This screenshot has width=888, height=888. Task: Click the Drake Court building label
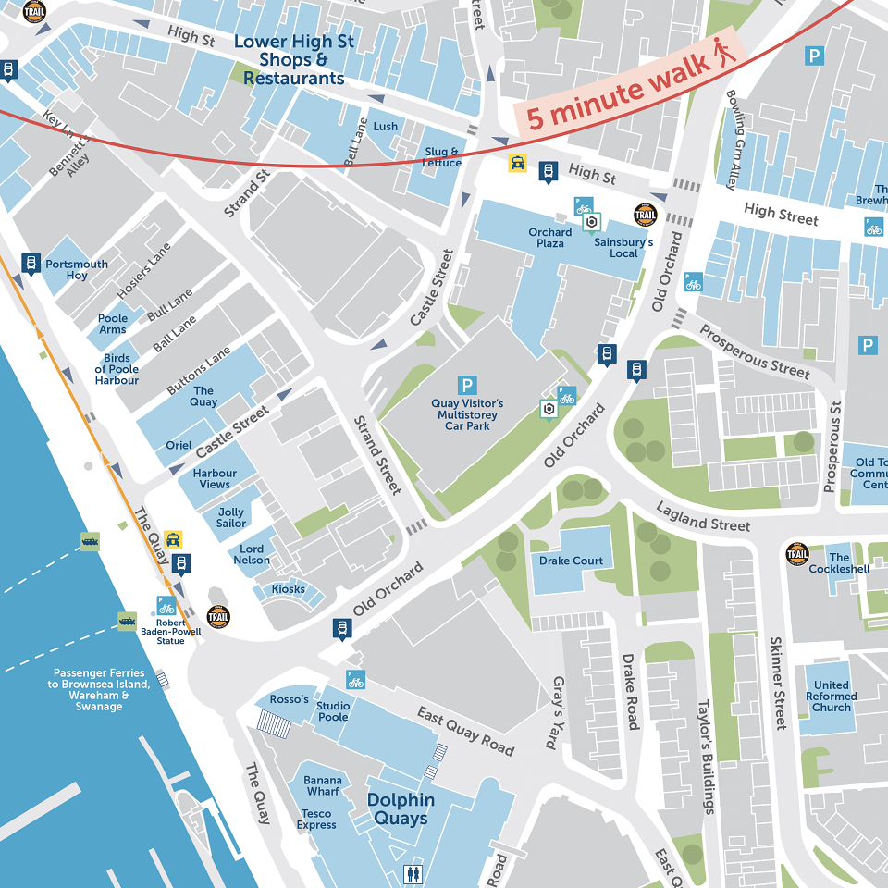click(x=571, y=561)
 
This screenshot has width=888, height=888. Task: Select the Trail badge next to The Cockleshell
click(x=797, y=555)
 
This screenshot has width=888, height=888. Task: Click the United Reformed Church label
click(x=831, y=696)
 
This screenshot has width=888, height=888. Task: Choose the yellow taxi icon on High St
click(x=517, y=164)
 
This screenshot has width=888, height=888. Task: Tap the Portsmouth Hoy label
click(x=77, y=269)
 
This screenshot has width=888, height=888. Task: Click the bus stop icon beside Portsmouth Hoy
click(x=31, y=265)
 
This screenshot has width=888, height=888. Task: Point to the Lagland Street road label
click(x=703, y=517)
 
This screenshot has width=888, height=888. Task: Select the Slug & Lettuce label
click(x=442, y=157)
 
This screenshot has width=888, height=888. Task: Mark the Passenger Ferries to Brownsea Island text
click(x=99, y=689)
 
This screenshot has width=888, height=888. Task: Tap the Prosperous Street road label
click(x=754, y=352)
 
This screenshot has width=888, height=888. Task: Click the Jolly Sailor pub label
click(x=231, y=517)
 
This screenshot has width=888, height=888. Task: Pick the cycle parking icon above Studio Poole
click(x=356, y=680)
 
